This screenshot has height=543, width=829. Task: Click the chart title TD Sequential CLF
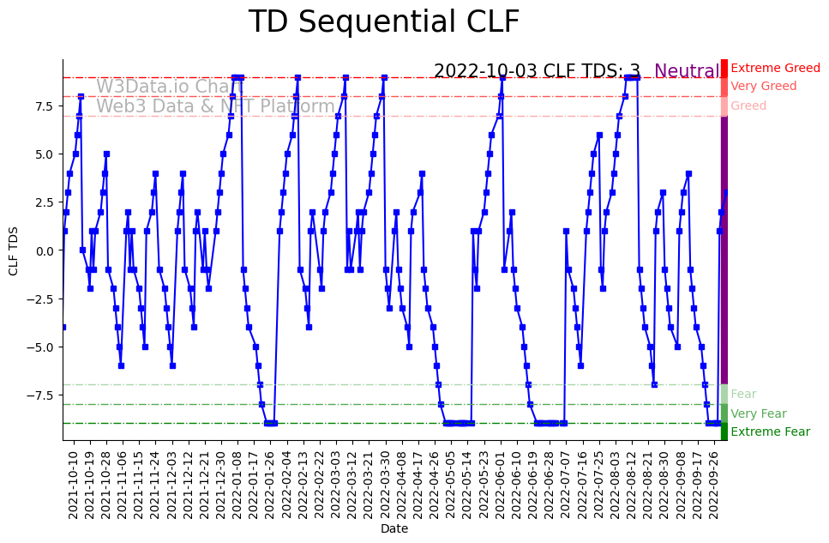pyautogui.click(x=383, y=22)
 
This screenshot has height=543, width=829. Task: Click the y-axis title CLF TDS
pyautogui.click(x=13, y=250)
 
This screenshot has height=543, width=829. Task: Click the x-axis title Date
pyautogui.click(x=394, y=529)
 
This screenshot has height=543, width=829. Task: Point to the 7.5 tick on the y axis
pyautogui.click(x=45, y=106)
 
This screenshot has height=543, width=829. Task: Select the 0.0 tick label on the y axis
pyautogui.click(x=45, y=250)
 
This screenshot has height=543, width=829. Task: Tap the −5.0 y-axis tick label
pyautogui.click(x=42, y=347)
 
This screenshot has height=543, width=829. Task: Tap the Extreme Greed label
pyautogui.click(x=775, y=68)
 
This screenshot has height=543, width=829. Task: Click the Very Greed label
pyautogui.click(x=763, y=86)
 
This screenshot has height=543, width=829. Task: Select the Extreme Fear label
pyautogui.click(x=770, y=431)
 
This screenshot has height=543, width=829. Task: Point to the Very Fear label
pyautogui.click(x=758, y=413)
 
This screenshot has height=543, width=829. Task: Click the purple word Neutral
pyautogui.click(x=687, y=72)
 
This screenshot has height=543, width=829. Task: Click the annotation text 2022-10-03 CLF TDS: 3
pyautogui.click(x=537, y=72)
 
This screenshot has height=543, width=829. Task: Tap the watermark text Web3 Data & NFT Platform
pyautogui.click(x=215, y=107)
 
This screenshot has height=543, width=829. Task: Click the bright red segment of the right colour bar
pyautogui.click(x=724, y=68)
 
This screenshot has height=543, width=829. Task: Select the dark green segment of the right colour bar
pyautogui.click(x=724, y=431)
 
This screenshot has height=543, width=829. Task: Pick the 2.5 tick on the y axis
pyautogui.click(x=45, y=202)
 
